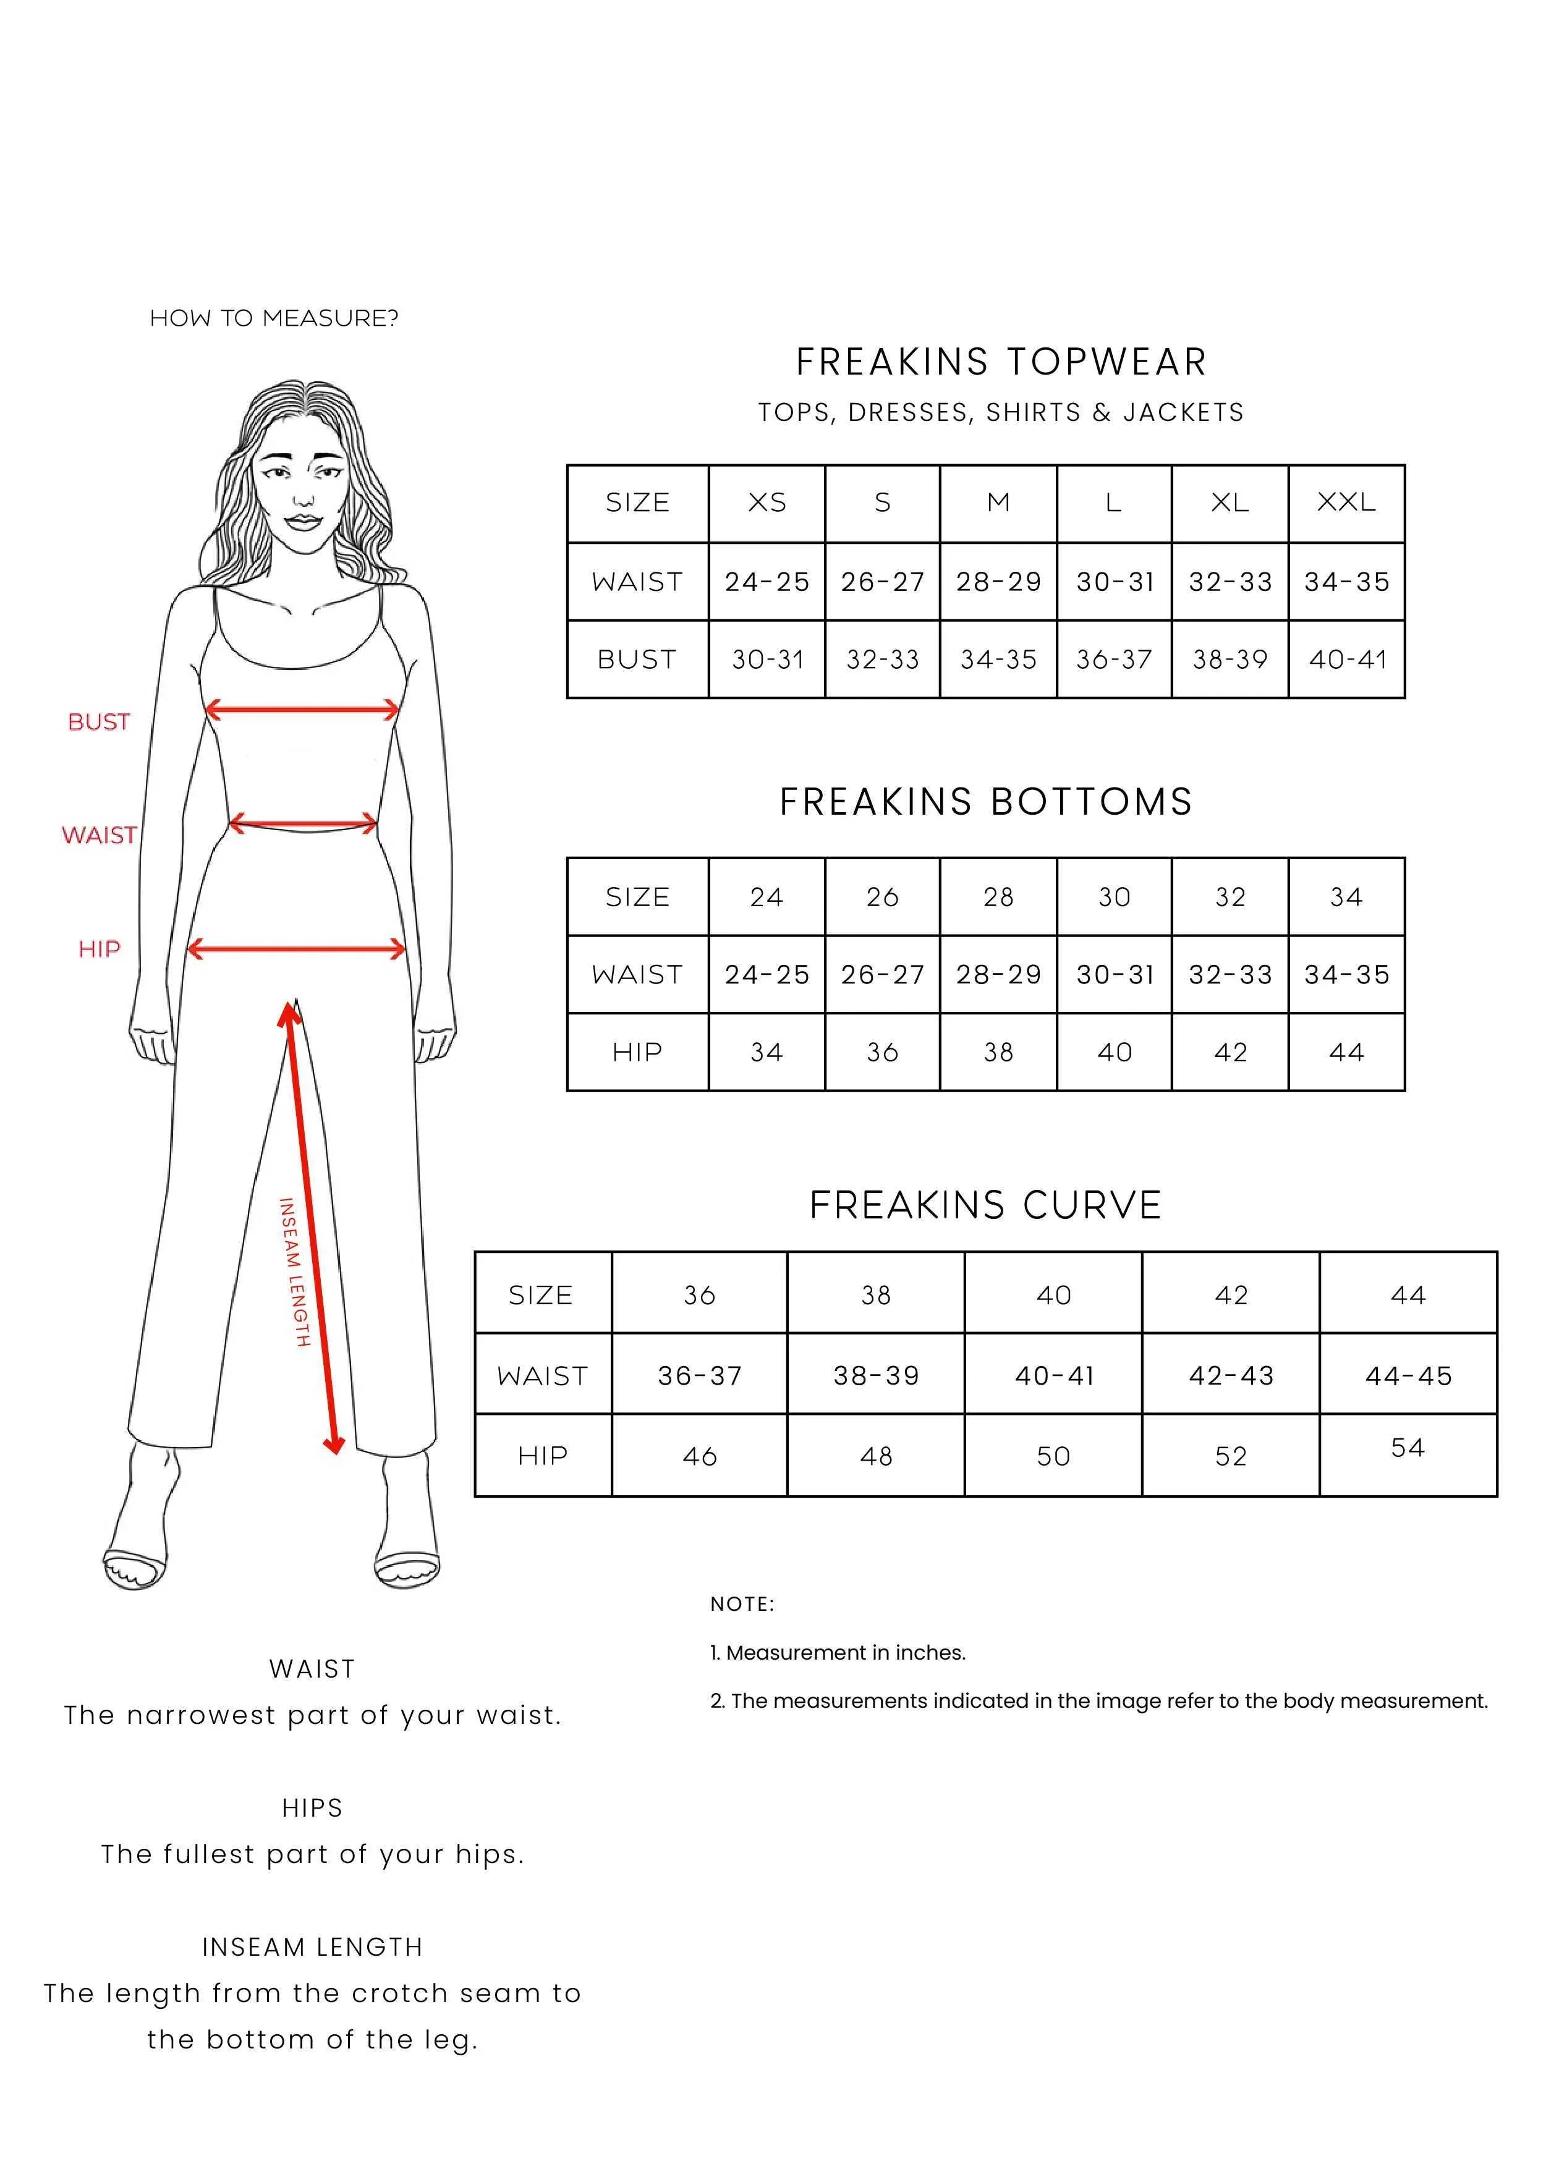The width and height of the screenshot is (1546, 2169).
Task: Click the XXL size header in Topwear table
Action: point(1346,503)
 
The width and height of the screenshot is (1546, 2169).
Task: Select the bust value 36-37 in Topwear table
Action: point(1114,660)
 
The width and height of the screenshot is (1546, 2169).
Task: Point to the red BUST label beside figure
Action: point(99,723)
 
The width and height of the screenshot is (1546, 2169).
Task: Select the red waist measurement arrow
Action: point(303,823)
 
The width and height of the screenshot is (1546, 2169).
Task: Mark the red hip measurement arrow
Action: point(297,948)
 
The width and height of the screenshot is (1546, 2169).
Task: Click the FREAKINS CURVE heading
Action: point(985,1205)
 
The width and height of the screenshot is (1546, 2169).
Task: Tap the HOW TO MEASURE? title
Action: point(274,318)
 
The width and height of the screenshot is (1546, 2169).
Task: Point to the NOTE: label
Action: point(742,1603)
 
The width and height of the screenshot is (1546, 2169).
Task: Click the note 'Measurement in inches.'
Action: point(838,1653)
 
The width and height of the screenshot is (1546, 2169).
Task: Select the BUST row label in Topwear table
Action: point(637,660)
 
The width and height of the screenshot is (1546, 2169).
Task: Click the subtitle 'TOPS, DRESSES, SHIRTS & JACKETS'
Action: point(1001,412)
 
